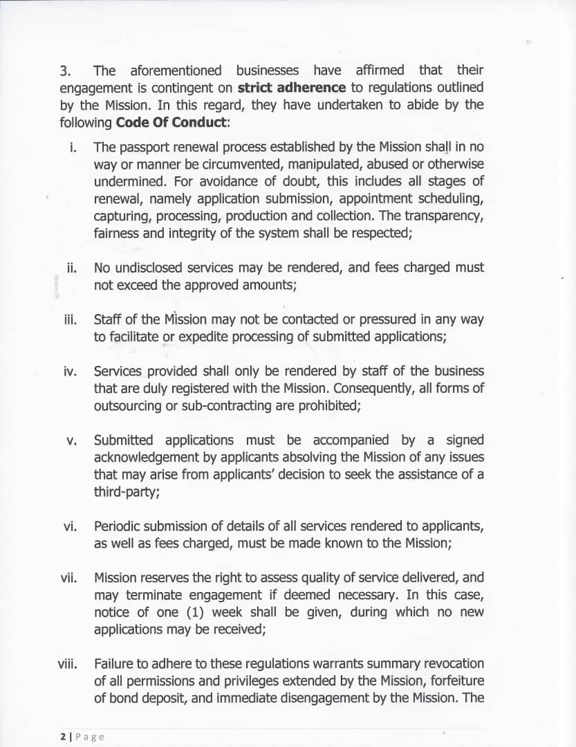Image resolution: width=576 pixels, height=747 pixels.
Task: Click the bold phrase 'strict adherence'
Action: (x=291, y=88)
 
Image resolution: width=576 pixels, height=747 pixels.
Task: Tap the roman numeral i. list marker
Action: (x=73, y=147)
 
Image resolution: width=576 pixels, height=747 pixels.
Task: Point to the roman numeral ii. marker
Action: (x=71, y=268)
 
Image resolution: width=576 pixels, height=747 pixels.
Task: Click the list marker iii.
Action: (x=70, y=320)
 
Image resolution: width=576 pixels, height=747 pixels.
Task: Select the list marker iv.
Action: (x=70, y=371)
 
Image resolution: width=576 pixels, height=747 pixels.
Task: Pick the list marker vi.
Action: (x=70, y=526)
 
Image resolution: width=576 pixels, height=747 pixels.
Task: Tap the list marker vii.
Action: (x=68, y=578)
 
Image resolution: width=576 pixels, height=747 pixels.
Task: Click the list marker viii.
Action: (x=67, y=664)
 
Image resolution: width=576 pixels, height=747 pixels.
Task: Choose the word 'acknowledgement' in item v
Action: (x=150, y=457)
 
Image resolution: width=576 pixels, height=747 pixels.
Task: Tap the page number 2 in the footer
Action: (x=63, y=737)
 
